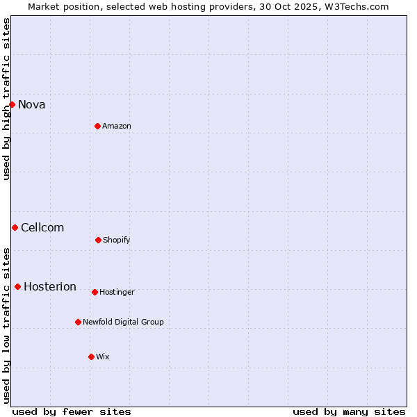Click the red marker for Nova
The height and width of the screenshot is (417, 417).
tap(12, 104)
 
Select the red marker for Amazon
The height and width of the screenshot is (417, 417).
tap(97, 126)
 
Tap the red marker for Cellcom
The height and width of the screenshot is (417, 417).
tap(15, 227)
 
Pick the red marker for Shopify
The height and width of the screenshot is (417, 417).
tap(98, 240)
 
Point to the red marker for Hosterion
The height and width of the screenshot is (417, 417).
tap(17, 286)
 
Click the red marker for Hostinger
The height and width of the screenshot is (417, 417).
tap(95, 292)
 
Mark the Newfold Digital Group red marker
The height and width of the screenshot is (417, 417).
tap(78, 322)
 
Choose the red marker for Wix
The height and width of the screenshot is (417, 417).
tap(91, 357)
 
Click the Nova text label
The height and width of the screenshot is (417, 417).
tap(32, 105)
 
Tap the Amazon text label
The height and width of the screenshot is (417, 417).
tap(117, 126)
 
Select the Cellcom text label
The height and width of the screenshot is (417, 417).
tap(42, 228)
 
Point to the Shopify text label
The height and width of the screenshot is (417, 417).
tap(117, 240)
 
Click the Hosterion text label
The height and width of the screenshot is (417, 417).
tap(50, 287)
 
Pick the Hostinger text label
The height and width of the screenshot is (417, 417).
tap(117, 292)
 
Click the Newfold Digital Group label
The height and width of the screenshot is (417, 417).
tap(123, 322)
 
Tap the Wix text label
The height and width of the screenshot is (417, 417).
tap(103, 357)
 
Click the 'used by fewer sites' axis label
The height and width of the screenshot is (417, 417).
tap(72, 411)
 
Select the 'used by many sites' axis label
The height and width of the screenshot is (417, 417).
tap(349, 411)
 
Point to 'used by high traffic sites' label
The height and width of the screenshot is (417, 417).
tap(6, 99)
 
